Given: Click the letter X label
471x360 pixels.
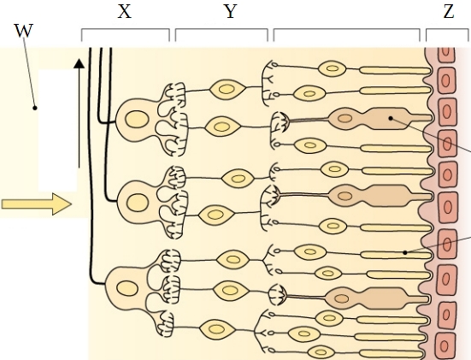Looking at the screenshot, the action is tap(125, 12).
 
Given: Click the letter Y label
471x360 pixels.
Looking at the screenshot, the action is tap(230, 12).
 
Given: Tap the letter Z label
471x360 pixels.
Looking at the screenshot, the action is tap(449, 12).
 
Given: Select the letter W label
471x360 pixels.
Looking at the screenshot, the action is tap(23, 31).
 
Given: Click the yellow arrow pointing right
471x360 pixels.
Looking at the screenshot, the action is tap(37, 204).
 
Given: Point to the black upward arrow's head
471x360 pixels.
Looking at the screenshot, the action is tap(79, 63).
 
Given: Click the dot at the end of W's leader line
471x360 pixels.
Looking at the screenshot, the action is tap(35, 108).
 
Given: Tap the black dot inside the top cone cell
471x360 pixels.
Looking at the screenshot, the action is tap(391, 118).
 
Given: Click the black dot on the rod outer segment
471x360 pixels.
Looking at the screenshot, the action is tap(405, 253).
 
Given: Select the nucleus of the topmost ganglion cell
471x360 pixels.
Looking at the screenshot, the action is tap(137, 120).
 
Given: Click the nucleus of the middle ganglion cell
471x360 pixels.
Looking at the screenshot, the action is tap(138, 203).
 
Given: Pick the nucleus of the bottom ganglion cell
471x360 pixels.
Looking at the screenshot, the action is tap(127, 288).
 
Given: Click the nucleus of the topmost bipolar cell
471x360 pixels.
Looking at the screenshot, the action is tap(227, 89).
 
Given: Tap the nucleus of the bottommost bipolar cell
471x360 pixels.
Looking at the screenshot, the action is tap(216, 329).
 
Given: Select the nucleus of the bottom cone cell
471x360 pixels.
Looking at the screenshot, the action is tap(342, 298).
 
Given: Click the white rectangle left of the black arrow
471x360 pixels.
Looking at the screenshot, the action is tap(57, 131).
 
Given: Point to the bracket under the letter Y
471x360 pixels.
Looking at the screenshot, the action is tap(221, 34).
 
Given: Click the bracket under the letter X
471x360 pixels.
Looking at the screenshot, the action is tap(126, 34).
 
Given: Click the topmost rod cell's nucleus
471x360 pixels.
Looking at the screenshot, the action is tap(332, 68).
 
